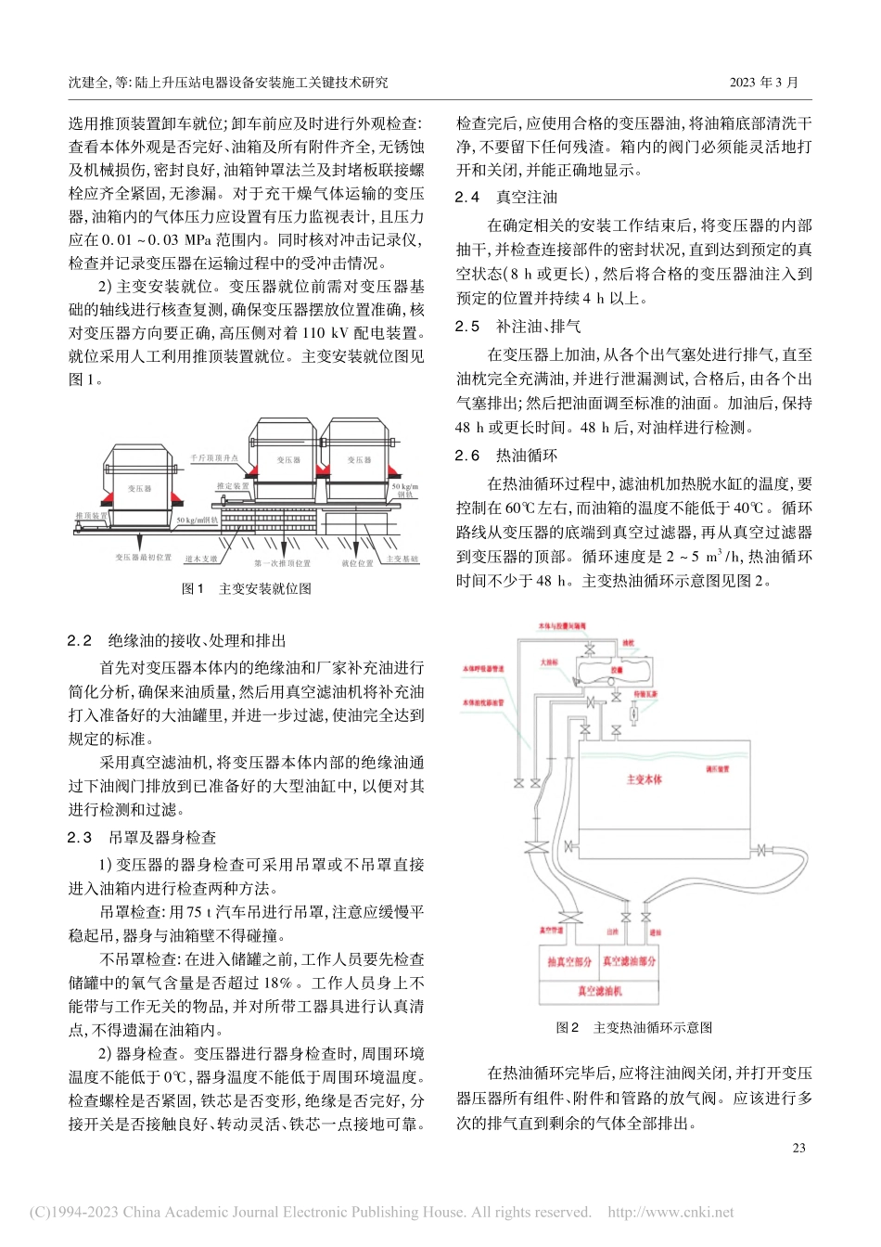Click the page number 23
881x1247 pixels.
798,1148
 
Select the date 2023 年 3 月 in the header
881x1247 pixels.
763,83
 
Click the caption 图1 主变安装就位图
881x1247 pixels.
246,588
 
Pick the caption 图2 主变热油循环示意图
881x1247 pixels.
633,1027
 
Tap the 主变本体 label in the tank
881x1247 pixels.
644,779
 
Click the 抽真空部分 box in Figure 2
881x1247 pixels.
568,962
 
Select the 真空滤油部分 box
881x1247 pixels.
629,962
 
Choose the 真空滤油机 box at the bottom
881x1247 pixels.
599,991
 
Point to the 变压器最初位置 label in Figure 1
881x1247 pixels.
144,558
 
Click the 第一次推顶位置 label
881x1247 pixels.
282,563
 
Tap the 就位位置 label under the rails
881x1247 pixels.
356,563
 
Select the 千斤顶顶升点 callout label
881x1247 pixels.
214,458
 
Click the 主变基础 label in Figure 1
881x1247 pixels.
402,559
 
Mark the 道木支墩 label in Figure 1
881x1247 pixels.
201,559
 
